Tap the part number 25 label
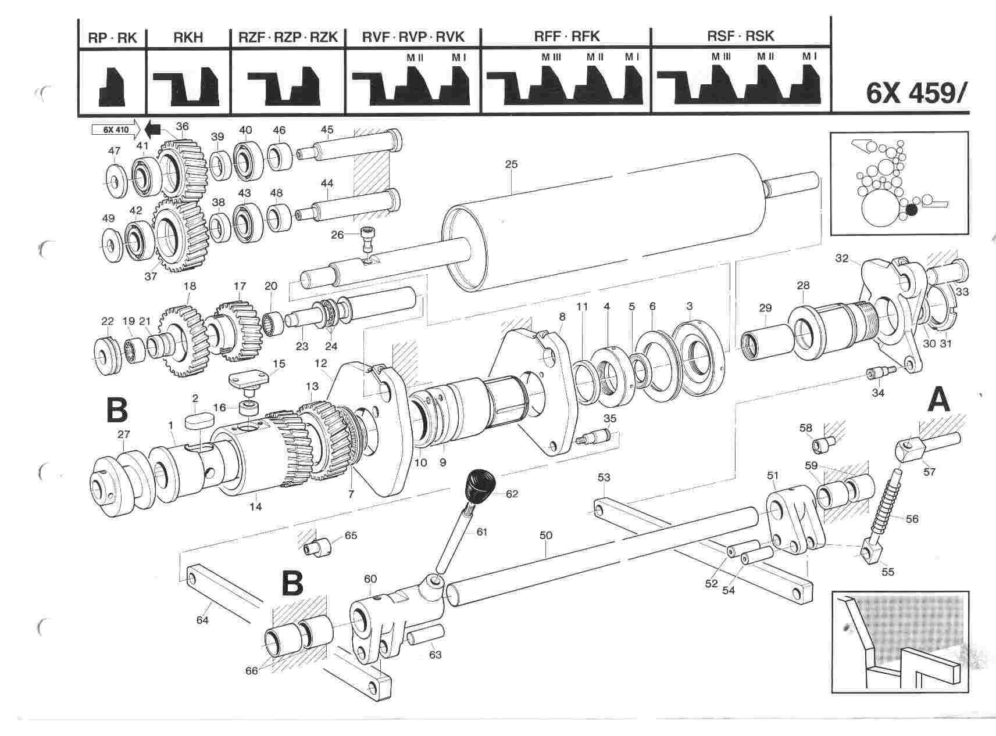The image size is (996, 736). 511,165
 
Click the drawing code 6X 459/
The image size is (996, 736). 917,92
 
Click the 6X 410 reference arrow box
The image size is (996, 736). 113,129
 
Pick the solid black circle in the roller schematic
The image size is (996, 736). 912,210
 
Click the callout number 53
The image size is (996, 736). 604,478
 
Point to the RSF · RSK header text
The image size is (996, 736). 740,36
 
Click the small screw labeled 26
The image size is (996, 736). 367,237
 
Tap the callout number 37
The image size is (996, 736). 151,277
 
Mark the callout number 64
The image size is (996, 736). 202,620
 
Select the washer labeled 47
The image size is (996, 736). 114,180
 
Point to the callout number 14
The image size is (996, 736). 255,507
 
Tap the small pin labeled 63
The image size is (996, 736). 426,635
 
